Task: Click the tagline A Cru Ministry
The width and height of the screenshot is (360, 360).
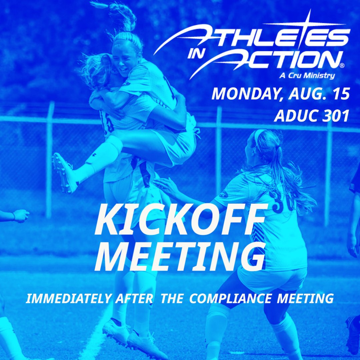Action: coord(307,76)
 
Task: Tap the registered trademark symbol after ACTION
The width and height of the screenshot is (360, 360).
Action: coord(342,66)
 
